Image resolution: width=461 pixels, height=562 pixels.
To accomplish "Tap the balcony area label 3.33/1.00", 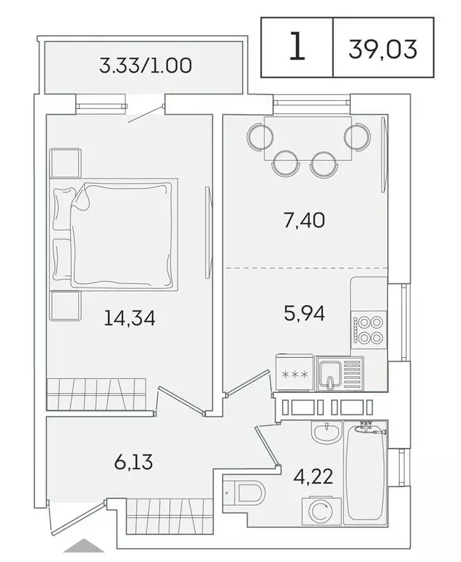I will tap(145, 67).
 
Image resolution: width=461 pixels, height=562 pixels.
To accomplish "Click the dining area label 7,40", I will tap(302, 219).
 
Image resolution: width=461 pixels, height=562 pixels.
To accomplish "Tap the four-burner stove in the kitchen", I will tap(366, 329).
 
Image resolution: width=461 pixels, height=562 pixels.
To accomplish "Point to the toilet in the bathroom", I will tap(245, 492).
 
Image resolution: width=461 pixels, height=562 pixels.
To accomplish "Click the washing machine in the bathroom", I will tap(319, 512).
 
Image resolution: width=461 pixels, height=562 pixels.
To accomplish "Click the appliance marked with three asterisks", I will tap(294, 375).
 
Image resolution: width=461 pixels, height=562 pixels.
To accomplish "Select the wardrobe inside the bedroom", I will tap(97, 394).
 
